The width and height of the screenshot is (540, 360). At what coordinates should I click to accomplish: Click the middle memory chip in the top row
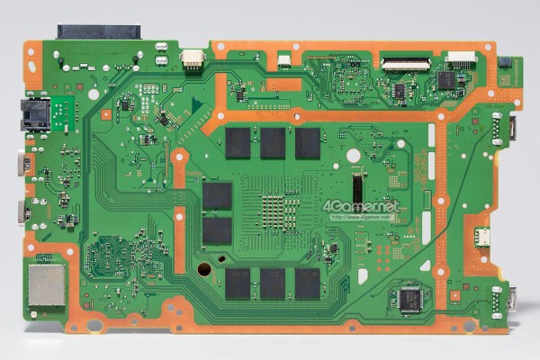click(273, 142)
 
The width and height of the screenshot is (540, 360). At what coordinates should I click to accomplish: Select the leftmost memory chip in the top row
click(238, 142)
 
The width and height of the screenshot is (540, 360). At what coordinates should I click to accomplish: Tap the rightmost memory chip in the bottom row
click(307, 283)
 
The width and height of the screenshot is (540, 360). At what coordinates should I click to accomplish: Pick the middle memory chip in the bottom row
click(273, 283)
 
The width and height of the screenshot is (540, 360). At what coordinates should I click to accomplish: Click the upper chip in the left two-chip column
click(217, 196)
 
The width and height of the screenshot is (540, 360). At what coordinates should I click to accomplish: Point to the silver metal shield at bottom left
click(46, 286)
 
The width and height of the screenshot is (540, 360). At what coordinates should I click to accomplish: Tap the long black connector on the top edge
click(99, 31)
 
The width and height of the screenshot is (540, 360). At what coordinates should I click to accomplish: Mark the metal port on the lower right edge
click(512, 298)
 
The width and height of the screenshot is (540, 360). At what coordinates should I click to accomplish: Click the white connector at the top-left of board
click(192, 58)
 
